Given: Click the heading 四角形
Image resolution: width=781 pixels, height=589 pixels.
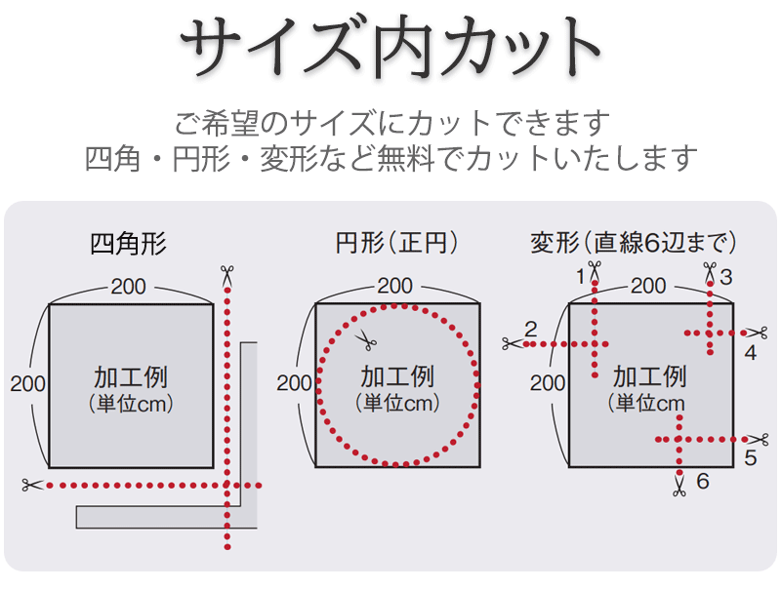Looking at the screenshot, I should pyautogui.click(x=128, y=243).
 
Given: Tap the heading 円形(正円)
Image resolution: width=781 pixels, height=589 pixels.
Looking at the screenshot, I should pyautogui.click(x=396, y=243).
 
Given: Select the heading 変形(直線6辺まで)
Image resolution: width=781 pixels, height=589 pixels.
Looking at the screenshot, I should pyautogui.click(x=634, y=243).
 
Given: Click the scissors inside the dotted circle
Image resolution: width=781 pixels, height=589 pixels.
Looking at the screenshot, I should pyautogui.click(x=366, y=340).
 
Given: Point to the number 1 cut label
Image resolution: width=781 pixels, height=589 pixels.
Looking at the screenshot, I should pyautogui.click(x=581, y=276).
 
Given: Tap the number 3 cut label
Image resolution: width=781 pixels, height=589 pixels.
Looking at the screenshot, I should pyautogui.click(x=725, y=276).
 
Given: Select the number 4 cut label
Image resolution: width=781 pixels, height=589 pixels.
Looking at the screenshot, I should pyautogui.click(x=750, y=353).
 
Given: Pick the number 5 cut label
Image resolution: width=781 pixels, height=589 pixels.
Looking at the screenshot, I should pyautogui.click(x=750, y=456).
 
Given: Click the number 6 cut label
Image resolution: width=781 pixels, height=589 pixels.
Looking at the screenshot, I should pyautogui.click(x=702, y=481).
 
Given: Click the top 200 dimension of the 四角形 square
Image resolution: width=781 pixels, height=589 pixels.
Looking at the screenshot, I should pyautogui.click(x=130, y=287).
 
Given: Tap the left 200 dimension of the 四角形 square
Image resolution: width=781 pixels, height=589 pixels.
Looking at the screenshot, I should pyautogui.click(x=28, y=383).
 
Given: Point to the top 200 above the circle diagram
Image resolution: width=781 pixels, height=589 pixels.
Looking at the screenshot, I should pyautogui.click(x=394, y=287).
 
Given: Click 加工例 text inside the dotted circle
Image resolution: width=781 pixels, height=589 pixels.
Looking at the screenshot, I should pyautogui.click(x=396, y=376).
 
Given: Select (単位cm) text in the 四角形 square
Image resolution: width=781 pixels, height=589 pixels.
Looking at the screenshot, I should pyautogui.click(x=130, y=404).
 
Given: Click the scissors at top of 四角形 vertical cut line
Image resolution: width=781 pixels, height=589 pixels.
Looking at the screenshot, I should pyautogui.click(x=227, y=275).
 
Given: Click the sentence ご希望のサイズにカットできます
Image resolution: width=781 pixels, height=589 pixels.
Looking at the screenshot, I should pyautogui.click(x=390, y=124).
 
